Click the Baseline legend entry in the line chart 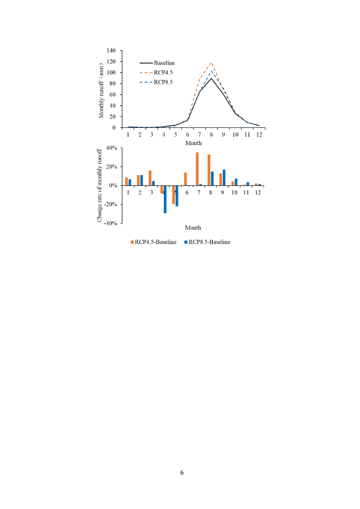[x=157, y=63]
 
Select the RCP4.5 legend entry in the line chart [x=156, y=73]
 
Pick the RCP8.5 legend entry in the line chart [x=156, y=82]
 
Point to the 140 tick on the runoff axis [x=111, y=51]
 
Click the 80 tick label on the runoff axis [x=113, y=84]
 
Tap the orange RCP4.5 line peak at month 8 [x=211, y=62]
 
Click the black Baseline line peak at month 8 [x=211, y=78]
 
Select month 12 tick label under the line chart [x=259, y=135]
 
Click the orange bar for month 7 [x=197, y=169]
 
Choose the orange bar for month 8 [x=209, y=170]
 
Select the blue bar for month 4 [x=165, y=199]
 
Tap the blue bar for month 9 [x=224, y=177]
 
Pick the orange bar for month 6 [x=186, y=179]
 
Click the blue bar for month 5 [x=177, y=196]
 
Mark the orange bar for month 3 [x=150, y=178]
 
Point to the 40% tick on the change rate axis [x=112, y=148]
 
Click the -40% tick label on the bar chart [x=111, y=223]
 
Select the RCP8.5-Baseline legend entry [x=207, y=242]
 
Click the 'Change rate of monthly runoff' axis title [x=99, y=186]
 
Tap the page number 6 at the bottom [x=182, y=473]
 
